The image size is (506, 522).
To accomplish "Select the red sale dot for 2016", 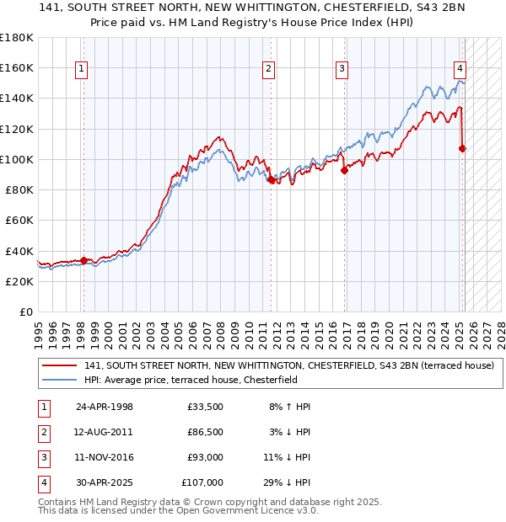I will pyautogui.click(x=345, y=170).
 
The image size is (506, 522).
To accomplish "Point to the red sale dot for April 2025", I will pyautogui.click(x=462, y=149).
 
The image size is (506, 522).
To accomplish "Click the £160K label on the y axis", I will pyautogui.click(x=17, y=67).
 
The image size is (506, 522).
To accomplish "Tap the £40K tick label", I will pyautogui.click(x=19, y=251).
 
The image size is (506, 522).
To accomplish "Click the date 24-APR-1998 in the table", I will pyautogui.click(x=105, y=407).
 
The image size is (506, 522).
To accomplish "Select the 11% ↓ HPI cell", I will pyautogui.click(x=288, y=457).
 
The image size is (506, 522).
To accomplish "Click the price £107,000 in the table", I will pyautogui.click(x=202, y=482).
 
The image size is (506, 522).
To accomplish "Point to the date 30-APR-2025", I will pyautogui.click(x=105, y=482).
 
